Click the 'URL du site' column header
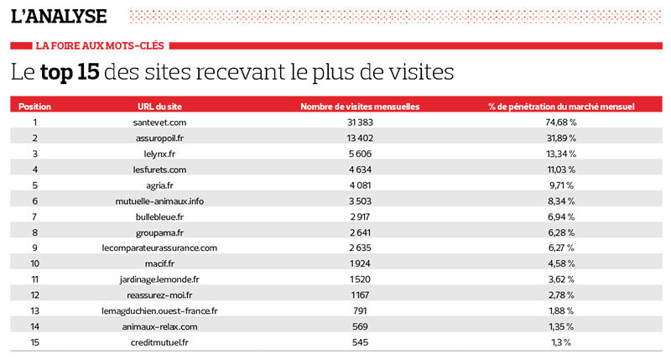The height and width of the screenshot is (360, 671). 159,107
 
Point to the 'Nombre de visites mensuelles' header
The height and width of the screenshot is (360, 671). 360,107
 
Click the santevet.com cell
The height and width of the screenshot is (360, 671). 159,123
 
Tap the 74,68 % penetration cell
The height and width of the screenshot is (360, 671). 561,123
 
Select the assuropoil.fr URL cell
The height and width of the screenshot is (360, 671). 159,138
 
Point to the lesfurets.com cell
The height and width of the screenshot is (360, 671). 159,170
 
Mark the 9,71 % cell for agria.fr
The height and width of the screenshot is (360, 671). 561,185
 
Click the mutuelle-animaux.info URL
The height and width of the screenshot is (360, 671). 159,201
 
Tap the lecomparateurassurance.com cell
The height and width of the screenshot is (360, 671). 159,248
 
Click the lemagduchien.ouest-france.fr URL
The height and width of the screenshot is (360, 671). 159,310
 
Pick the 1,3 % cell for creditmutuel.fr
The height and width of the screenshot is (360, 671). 561,342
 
